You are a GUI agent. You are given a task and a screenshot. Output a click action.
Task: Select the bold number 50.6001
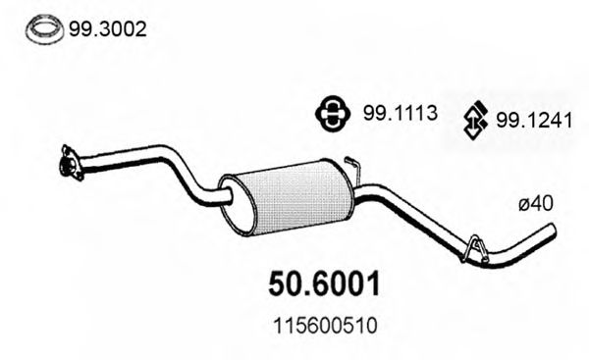click(323, 284)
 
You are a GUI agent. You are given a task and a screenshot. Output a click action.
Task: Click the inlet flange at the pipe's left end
click(69, 163)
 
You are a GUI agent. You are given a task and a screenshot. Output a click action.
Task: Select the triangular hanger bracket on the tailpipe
click(475, 247)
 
